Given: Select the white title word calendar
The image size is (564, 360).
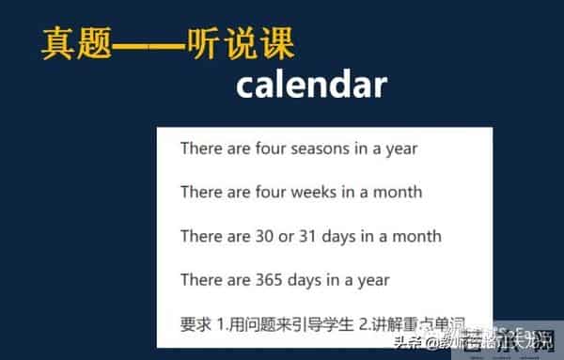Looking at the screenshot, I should pos(311,85).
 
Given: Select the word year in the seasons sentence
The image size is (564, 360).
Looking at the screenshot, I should pos(400,149).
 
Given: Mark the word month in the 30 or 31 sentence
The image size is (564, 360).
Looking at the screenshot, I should pos(417,236).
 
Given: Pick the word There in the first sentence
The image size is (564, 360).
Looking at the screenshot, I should pos(201,149).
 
